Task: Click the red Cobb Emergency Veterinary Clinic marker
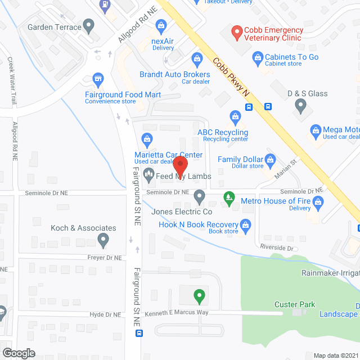(236, 34)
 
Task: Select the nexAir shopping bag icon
(162, 25)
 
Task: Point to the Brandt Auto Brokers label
(174, 75)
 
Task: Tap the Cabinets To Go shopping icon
(258, 57)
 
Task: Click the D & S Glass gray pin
(300, 105)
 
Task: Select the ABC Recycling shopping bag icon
(235, 117)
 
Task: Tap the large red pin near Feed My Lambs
(179, 165)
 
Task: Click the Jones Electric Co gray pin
(199, 197)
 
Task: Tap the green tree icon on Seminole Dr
(228, 197)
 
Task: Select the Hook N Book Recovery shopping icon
(245, 226)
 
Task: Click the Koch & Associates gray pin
(103, 241)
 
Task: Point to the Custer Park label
(295, 304)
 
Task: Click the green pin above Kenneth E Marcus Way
(199, 295)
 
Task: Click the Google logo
(18, 353)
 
